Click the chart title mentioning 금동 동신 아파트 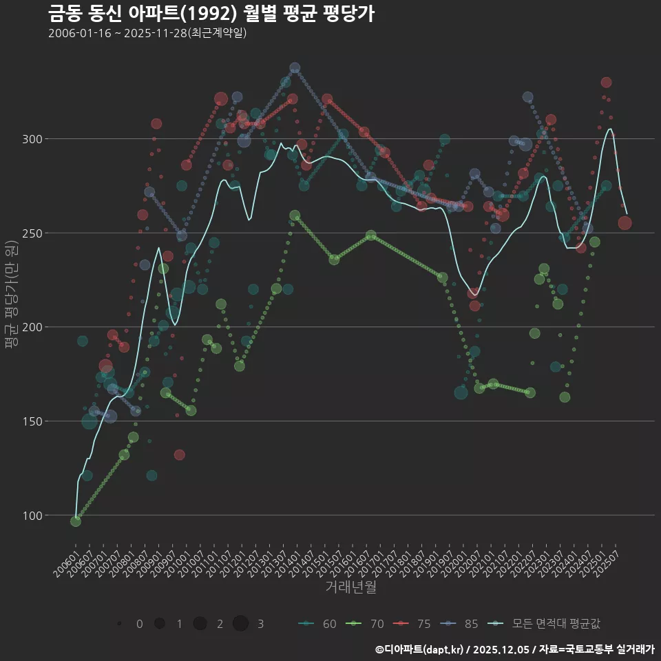coord(211,13)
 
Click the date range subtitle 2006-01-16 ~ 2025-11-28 coord(147,33)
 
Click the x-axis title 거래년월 coord(350,587)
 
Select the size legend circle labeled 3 coord(240,624)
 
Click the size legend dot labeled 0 coord(120,624)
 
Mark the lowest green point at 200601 coord(75,521)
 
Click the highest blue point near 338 coord(295,67)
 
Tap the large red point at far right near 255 coord(625,223)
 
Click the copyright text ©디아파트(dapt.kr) coord(420,649)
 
